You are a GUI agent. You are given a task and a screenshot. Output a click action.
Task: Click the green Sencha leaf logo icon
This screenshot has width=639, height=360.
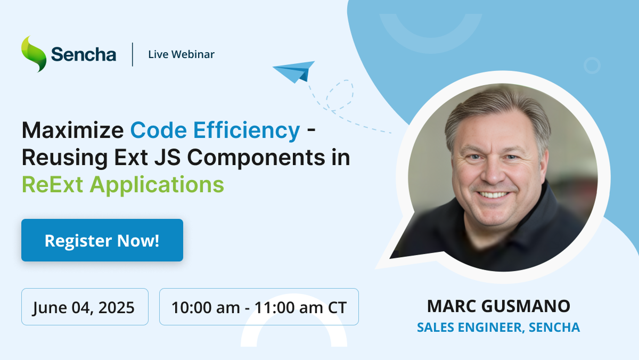click(x=34, y=54)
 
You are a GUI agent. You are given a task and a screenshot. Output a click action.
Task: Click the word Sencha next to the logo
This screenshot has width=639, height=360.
click(x=84, y=54)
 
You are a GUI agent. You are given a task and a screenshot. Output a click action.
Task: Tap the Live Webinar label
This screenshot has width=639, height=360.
click(x=181, y=54)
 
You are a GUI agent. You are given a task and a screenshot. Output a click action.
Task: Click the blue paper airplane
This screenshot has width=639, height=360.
click(x=294, y=71)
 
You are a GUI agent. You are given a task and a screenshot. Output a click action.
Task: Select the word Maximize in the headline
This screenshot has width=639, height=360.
click(x=73, y=130)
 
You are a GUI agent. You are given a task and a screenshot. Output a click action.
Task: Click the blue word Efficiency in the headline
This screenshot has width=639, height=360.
click(x=247, y=130)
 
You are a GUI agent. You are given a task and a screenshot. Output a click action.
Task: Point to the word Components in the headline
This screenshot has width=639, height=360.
click(x=256, y=158)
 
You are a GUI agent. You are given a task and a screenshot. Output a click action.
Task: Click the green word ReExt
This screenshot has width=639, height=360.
click(x=53, y=185)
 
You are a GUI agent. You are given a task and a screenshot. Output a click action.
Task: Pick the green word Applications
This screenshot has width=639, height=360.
click(x=157, y=185)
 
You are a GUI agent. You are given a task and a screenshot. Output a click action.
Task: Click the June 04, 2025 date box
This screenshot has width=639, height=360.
click(x=85, y=307)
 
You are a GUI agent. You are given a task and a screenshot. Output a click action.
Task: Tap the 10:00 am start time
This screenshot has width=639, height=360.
click(x=206, y=307)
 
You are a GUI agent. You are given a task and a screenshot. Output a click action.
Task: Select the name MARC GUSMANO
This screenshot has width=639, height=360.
click(x=498, y=306)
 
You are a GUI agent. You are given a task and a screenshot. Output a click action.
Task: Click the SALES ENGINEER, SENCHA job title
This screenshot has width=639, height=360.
click(x=498, y=327)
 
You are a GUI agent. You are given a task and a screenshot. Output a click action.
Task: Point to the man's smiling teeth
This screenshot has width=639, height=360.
click(x=493, y=195)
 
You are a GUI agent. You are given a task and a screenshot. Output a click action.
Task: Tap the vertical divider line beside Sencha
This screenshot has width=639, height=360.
click(x=133, y=54)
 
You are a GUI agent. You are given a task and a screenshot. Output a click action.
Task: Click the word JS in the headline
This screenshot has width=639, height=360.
click(x=168, y=158)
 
